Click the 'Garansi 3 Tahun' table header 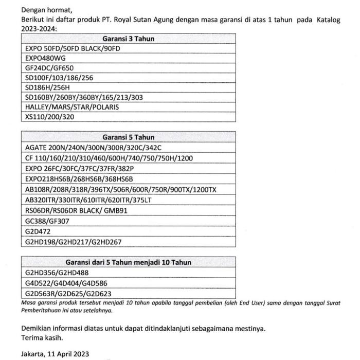[x=128, y=39]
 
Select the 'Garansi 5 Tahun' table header [x=128, y=137]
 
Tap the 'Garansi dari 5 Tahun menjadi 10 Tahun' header [x=128, y=262]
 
